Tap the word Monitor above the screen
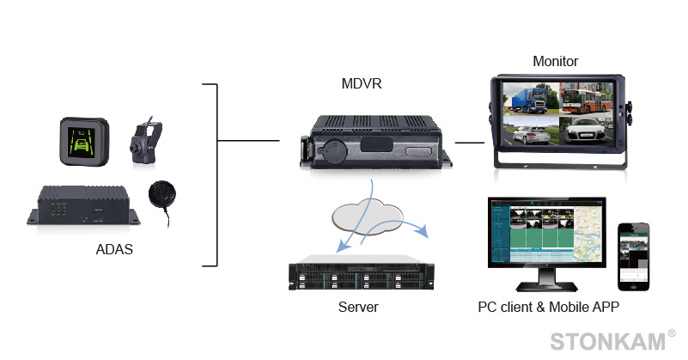(555, 61)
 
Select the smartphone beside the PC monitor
(634, 256)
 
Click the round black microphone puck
(161, 194)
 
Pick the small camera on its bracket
(141, 142)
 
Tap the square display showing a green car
(83, 141)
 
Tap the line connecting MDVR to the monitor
(469, 143)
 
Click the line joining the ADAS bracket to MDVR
(248, 140)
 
